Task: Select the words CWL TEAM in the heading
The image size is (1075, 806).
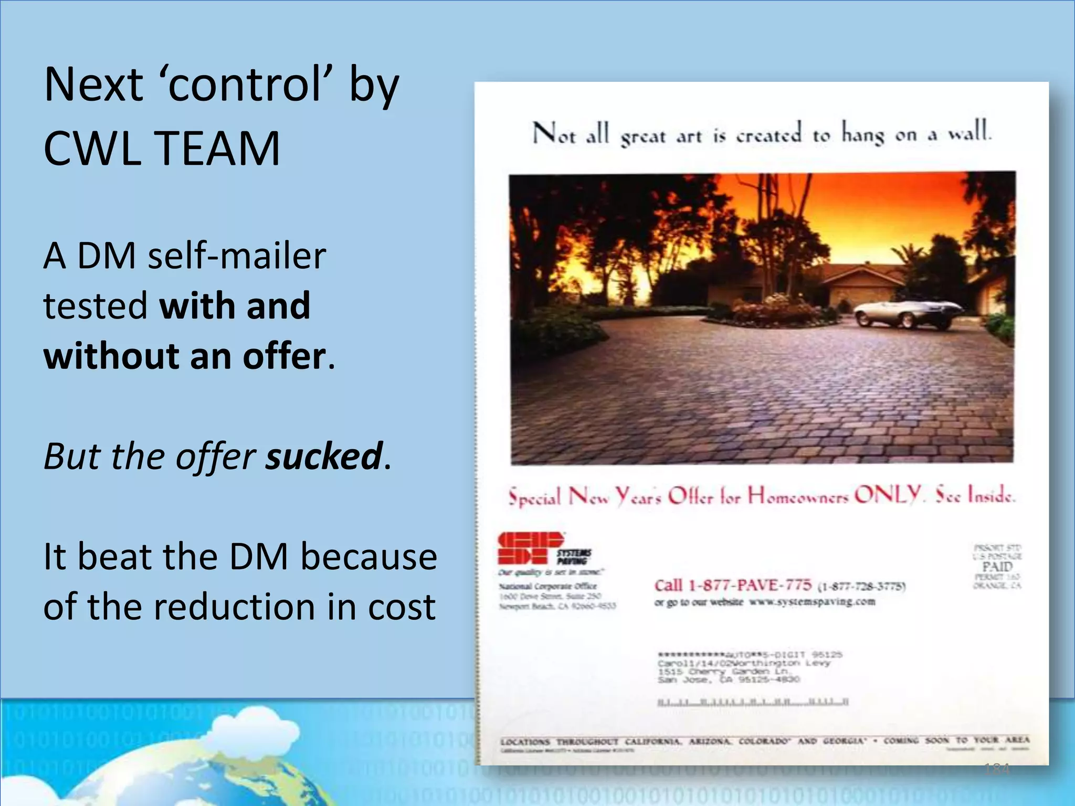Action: point(162,149)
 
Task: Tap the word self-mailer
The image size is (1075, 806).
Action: point(237,256)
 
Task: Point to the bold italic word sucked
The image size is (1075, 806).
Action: point(324,455)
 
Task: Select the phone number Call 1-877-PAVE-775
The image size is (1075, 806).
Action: point(732,585)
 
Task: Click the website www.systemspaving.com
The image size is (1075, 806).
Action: point(812,602)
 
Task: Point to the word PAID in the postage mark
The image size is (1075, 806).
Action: point(997,567)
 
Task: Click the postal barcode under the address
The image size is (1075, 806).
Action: point(752,702)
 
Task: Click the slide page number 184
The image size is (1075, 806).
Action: point(997,769)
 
